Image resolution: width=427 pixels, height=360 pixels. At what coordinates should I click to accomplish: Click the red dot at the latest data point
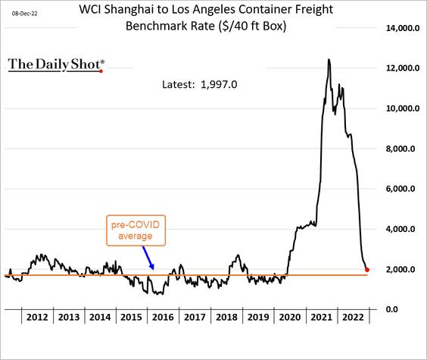(367, 270)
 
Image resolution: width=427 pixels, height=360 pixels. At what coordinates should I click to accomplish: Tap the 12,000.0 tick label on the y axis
(403, 68)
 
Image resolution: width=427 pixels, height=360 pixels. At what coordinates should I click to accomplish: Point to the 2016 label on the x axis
(163, 318)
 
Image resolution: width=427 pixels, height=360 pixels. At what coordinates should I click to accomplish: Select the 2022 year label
(354, 318)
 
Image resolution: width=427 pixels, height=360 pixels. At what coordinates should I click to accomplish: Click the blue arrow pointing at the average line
(148, 258)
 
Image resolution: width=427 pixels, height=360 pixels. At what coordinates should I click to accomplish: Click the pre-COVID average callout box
(136, 230)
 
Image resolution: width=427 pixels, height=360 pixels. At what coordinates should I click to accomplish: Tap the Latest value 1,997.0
(219, 84)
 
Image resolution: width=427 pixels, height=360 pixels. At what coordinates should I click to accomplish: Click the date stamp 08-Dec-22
(24, 14)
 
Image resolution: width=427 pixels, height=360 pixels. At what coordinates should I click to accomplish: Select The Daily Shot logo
(56, 65)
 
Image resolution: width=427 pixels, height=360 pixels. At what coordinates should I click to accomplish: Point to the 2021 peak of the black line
(329, 60)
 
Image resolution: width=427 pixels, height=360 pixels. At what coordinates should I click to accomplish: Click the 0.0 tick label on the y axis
(391, 309)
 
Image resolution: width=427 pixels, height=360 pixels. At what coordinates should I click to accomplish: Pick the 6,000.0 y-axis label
(401, 189)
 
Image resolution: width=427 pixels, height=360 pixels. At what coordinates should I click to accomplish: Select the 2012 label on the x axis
(37, 318)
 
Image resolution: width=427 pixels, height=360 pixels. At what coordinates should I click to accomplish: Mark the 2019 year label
(258, 318)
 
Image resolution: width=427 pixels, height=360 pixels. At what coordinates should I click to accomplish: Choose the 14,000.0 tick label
(403, 28)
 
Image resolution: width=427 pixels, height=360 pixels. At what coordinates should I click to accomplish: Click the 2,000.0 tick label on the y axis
(401, 269)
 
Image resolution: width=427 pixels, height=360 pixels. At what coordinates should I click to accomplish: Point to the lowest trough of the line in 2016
(162, 294)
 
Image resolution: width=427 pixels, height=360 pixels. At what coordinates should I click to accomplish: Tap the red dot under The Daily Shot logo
(101, 71)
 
